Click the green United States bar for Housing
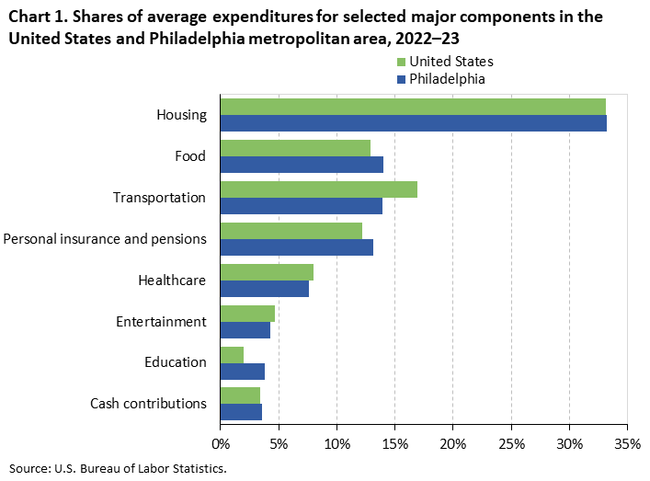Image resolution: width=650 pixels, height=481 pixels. coord(413,107)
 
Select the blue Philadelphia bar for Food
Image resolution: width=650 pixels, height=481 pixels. coord(302,165)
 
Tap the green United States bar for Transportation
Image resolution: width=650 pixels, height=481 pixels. coord(318,189)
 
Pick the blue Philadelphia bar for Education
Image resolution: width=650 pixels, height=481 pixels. coord(243,372)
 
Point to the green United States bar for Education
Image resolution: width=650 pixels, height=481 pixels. coord(232,355)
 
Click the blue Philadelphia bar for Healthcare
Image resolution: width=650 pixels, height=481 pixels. coord(265,289)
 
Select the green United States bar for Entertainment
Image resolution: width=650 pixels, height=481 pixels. coord(247,314)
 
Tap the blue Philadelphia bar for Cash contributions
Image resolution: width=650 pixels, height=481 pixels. coord(241,413)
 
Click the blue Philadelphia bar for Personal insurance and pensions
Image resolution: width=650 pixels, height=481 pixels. coord(297,247)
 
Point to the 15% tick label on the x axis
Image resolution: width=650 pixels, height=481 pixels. coord(395,443)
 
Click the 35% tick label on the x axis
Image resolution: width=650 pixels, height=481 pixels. coord(628,443)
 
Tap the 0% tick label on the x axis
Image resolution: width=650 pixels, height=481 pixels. coord(221,443)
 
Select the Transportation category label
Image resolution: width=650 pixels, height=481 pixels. coord(159,198)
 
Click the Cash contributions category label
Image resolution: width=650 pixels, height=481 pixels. coord(148,404)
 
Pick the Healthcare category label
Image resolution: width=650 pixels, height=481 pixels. coord(172,281)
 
